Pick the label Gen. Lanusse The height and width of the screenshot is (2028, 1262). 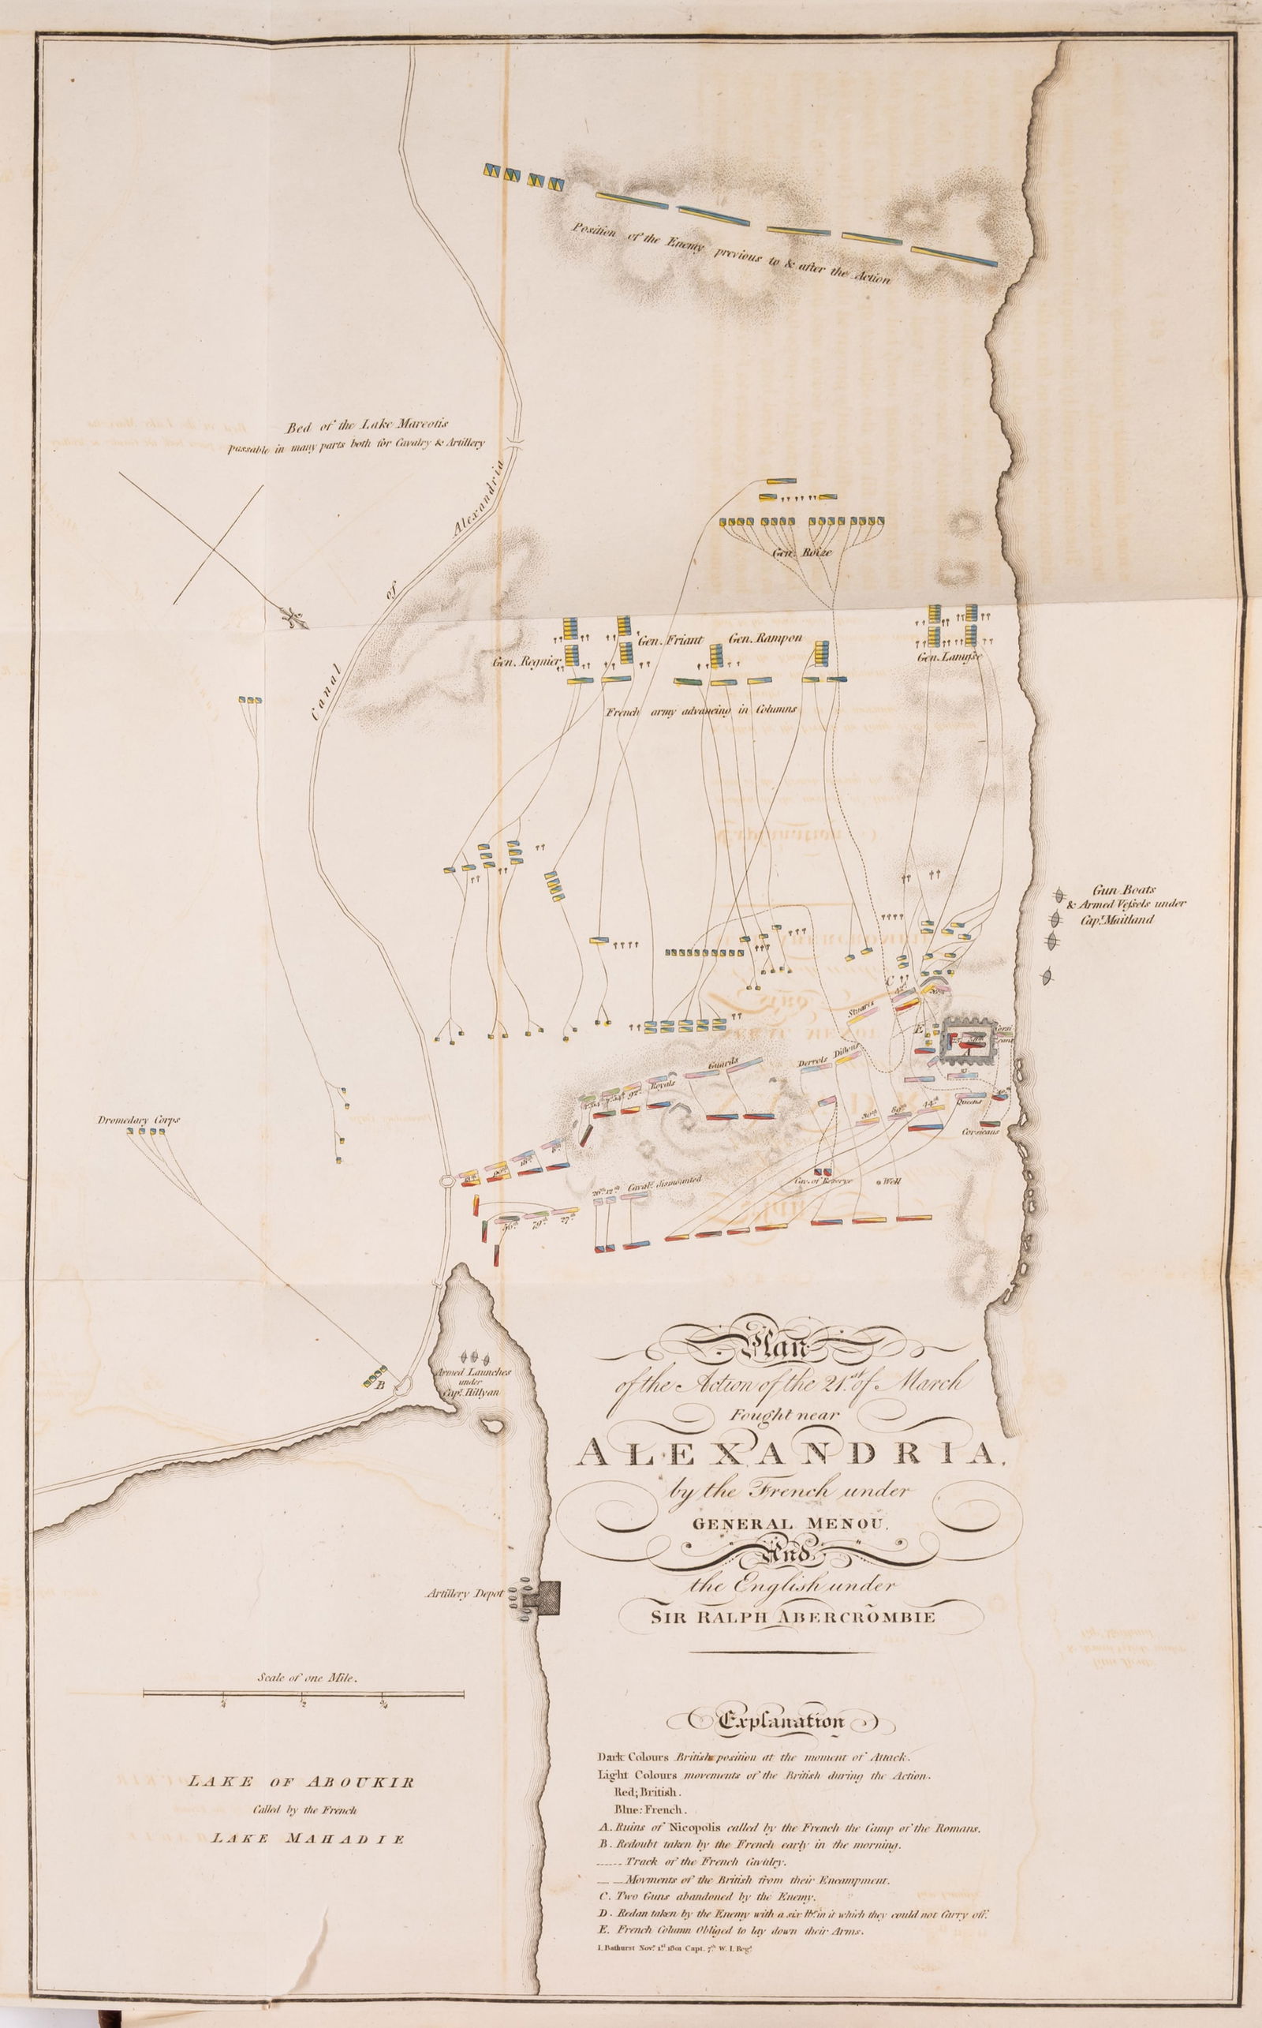click(x=946, y=657)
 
